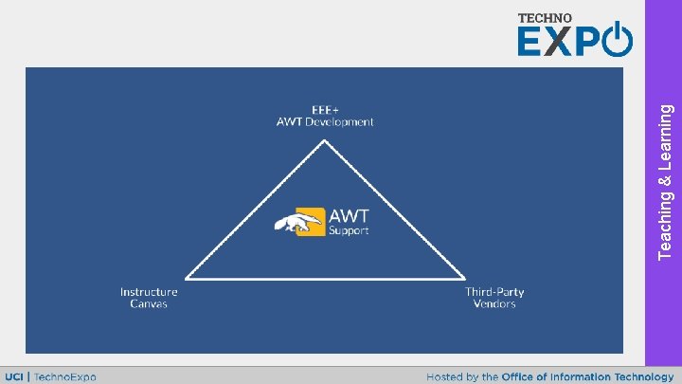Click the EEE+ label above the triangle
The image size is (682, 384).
tap(325, 109)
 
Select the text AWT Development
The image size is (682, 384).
tap(325, 121)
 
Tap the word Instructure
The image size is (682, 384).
tap(149, 292)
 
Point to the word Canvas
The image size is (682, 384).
tap(149, 304)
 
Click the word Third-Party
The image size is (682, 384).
tap(494, 292)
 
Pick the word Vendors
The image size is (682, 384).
tap(494, 304)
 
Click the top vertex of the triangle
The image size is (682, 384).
tap(325, 141)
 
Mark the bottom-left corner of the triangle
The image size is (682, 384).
tap(187, 279)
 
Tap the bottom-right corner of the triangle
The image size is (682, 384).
tap(464, 279)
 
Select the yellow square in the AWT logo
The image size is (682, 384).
tap(310, 221)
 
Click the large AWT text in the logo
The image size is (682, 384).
tap(349, 216)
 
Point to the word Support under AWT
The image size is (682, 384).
tap(349, 230)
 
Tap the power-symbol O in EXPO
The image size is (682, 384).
tap(617, 41)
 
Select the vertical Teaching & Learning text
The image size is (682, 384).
tap(666, 180)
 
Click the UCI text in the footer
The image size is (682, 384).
tap(15, 376)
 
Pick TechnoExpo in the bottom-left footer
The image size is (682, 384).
tap(65, 376)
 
